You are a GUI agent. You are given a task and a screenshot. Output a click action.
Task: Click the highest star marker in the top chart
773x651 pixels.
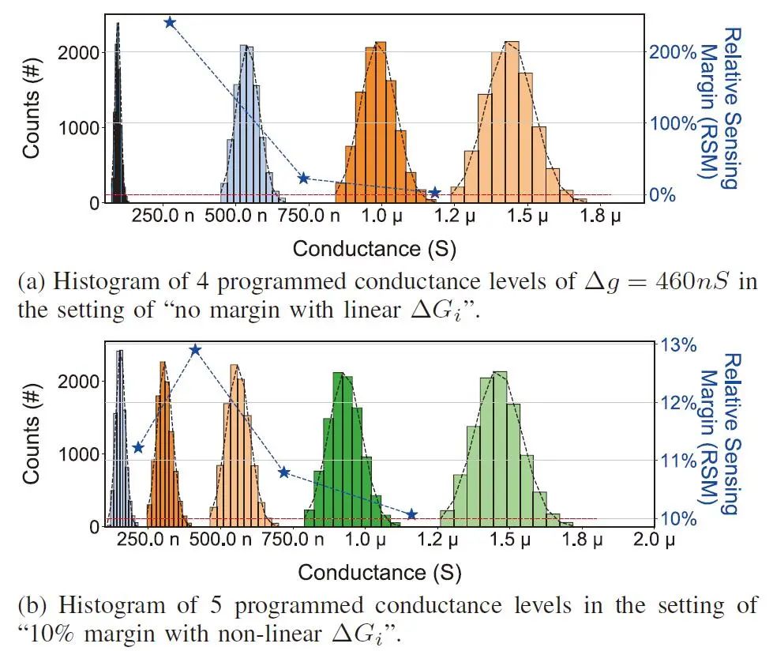click(170, 22)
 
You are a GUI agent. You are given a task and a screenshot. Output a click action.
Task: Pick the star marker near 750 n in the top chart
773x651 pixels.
click(303, 179)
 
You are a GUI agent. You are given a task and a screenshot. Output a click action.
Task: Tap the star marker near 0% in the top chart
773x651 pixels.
click(434, 193)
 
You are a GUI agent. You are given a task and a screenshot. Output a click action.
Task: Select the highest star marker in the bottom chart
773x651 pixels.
click(196, 350)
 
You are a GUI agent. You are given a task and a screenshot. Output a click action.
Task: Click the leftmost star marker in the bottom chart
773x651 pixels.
click(138, 448)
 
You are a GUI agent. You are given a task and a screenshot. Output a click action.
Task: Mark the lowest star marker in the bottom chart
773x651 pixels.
click(411, 514)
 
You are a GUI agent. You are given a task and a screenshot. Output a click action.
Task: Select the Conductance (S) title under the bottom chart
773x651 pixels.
click(379, 571)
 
